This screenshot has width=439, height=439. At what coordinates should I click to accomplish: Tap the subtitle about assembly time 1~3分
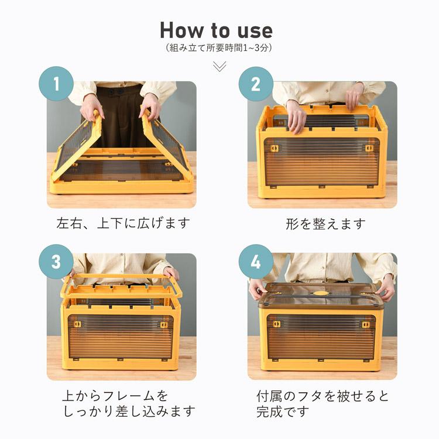(219, 48)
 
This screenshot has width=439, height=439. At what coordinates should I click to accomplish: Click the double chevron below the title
(220, 67)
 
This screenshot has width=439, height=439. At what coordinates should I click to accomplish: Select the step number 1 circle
(56, 84)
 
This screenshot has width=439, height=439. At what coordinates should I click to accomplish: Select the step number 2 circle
(256, 84)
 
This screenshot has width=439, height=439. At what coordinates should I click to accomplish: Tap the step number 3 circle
(56, 262)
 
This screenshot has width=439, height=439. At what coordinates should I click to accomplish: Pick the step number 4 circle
(256, 262)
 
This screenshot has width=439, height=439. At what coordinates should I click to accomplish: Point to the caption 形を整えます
(325, 224)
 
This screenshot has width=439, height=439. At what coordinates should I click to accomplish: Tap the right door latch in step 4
(366, 324)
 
